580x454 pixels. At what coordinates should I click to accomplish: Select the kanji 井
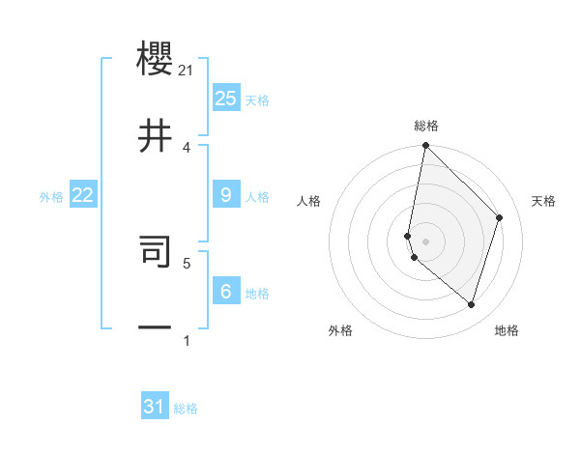pos(156,136)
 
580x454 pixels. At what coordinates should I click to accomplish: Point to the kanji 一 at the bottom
pos(156,328)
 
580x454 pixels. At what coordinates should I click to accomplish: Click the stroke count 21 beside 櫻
pos(187,70)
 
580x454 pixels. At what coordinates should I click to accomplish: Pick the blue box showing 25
pos(225,99)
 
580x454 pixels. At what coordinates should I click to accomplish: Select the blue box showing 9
pos(225,195)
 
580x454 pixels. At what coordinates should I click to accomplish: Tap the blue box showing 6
pos(225,292)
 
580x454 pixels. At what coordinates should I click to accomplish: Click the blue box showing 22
pos(82,195)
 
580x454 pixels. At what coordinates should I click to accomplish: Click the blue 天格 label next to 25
pos(257,100)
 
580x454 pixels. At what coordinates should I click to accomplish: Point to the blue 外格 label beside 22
pos(51,197)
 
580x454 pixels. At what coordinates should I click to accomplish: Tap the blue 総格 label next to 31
pos(186,409)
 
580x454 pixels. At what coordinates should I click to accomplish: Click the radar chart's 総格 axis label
pos(425,126)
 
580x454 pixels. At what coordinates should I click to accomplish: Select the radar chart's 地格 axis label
pos(507,330)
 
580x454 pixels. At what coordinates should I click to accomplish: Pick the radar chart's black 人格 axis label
pos(309,201)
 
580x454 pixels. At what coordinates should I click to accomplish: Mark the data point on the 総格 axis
pos(425,145)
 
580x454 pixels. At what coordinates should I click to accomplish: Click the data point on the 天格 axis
pos(500,217)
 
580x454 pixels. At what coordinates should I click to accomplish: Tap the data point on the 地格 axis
pos(471,304)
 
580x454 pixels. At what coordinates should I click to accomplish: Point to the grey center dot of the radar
pos(425,241)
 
